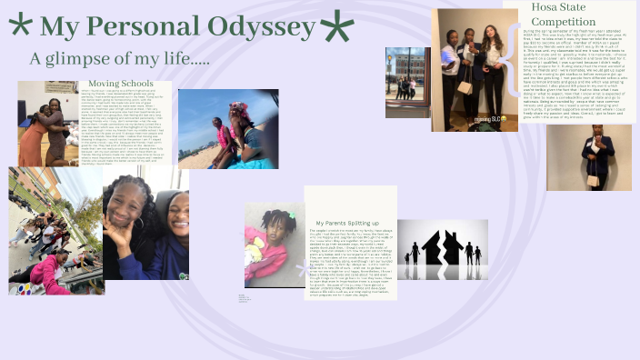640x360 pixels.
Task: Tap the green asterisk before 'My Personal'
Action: tap(20, 26)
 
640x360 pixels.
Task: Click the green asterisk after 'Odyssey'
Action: tap(337, 27)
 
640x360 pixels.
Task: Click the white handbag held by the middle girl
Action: tap(464, 87)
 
